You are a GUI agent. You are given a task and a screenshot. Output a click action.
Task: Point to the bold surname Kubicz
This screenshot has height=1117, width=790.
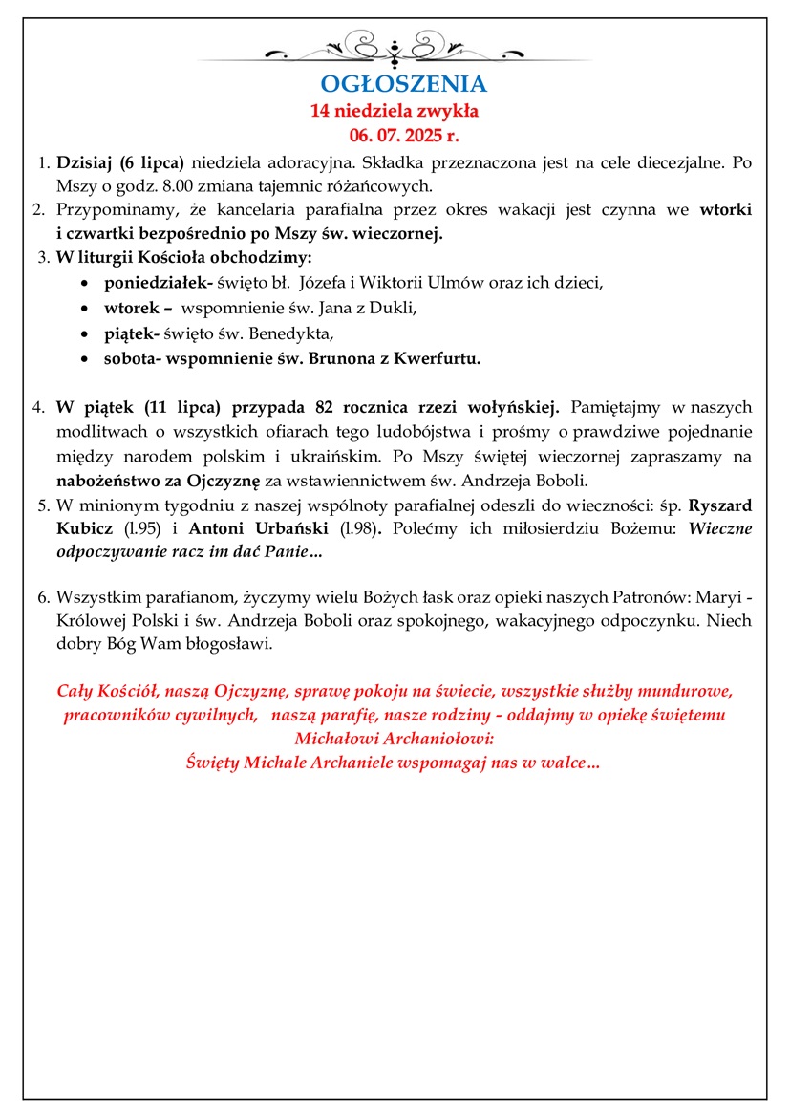[x=83, y=526]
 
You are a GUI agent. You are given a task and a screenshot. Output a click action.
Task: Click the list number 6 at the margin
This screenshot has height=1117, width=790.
[x=43, y=598]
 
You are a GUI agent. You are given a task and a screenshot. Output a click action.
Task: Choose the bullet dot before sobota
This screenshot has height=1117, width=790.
[x=87, y=359]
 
